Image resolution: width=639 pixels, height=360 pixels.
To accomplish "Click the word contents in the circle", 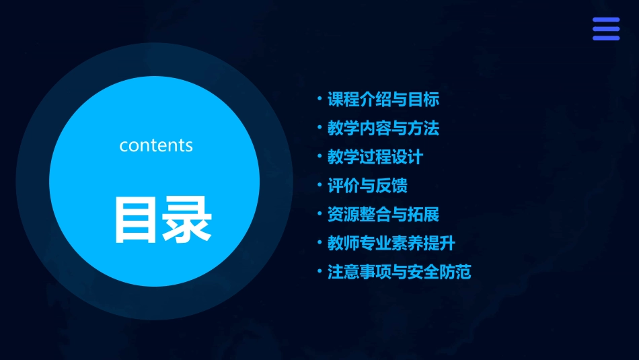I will (156, 145).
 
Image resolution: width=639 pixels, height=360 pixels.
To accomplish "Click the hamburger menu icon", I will (605, 29).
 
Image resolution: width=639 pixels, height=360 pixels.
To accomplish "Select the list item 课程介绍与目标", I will (383, 100).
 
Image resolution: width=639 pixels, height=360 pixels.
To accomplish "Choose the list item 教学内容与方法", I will (383, 128).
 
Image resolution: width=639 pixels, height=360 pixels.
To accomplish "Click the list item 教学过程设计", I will (375, 157).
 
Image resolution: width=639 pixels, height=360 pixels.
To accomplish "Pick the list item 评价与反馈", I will (367, 186).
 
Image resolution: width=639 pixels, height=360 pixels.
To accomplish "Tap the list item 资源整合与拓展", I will (383, 215).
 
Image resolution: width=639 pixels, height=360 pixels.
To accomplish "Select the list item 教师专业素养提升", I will (391, 243).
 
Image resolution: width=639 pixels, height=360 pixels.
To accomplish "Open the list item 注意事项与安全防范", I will (399, 272).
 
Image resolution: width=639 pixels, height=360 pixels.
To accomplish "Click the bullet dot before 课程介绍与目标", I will (319, 99).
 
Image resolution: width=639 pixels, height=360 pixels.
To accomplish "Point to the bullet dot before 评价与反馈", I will (319, 185).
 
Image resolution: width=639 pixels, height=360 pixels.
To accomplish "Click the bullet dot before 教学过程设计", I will (319, 156).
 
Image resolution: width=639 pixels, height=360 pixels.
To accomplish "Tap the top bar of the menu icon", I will (605, 20).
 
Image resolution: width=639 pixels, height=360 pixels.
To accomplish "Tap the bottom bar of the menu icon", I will (605, 38).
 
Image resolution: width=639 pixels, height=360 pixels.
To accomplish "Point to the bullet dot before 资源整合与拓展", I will (319, 214).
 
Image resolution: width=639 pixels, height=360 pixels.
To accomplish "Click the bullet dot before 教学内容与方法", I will (319, 127).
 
